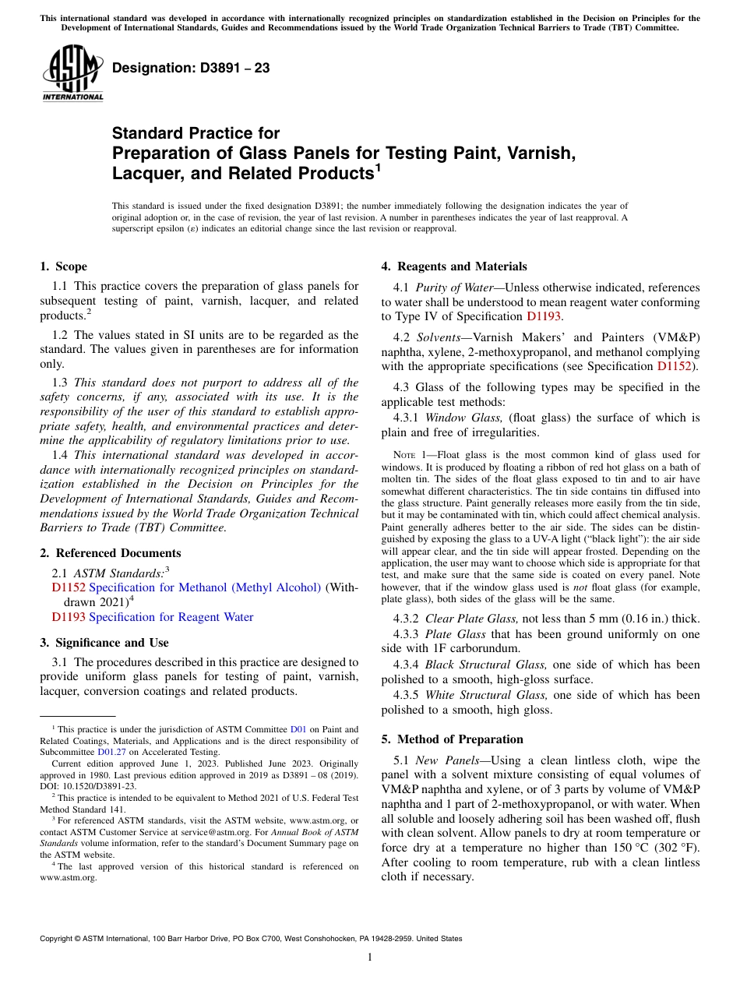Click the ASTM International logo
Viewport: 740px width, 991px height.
click(x=72, y=72)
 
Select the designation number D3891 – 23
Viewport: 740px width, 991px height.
click(x=191, y=68)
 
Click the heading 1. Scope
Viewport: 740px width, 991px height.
click(x=63, y=266)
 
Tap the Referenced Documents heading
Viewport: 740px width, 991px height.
click(x=110, y=553)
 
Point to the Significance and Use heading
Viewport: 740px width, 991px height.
click(x=104, y=643)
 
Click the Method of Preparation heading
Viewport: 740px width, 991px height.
click(x=452, y=739)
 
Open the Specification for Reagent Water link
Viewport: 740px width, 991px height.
click(x=171, y=617)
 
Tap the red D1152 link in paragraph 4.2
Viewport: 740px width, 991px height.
click(x=676, y=366)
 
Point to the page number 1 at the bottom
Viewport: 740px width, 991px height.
click(x=370, y=957)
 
